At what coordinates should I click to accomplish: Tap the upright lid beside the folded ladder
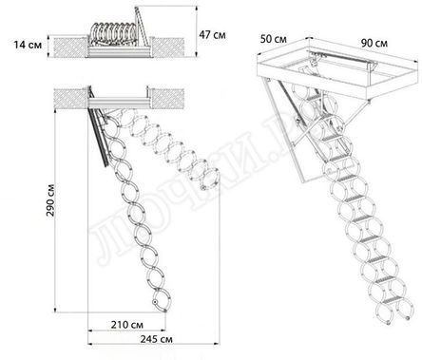click(x=144, y=26)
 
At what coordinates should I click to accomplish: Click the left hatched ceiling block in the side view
click(x=69, y=94)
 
